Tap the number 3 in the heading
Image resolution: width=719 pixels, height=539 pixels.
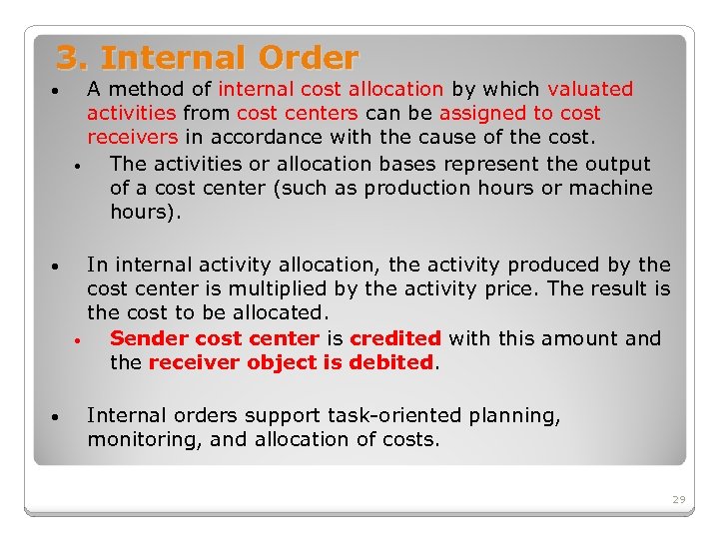tap(67, 58)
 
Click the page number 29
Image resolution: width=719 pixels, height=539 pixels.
tap(679, 499)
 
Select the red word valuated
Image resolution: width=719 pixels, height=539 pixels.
tap(590, 90)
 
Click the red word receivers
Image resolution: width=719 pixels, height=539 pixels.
tap(132, 138)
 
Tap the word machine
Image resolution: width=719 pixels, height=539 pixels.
tap(610, 188)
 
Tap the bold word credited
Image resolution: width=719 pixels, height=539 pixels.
tap(395, 338)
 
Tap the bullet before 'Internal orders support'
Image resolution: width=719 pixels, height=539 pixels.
tap(60, 418)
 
